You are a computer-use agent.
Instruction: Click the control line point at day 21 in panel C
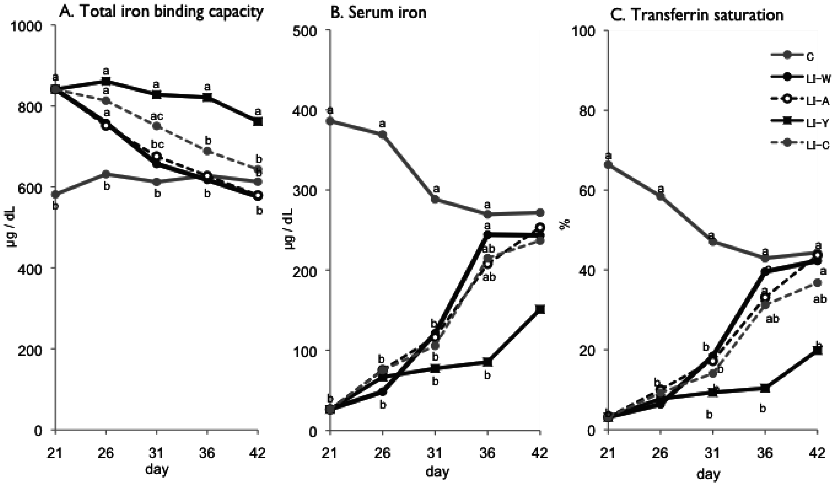click(x=608, y=164)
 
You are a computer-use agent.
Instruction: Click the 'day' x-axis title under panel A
click(x=157, y=469)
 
